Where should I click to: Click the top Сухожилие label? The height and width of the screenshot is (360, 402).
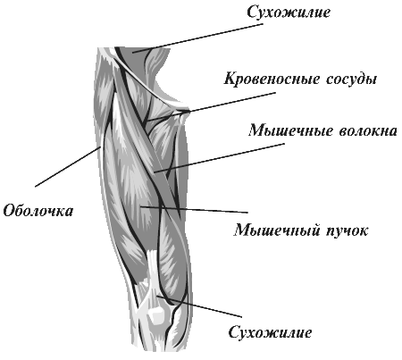(x=289, y=13)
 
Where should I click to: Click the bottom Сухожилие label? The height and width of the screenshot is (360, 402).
(x=270, y=332)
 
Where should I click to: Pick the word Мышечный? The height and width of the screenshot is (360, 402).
(x=274, y=230)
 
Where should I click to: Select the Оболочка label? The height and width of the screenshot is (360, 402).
(x=38, y=211)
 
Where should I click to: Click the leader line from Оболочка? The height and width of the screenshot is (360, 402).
(x=67, y=167)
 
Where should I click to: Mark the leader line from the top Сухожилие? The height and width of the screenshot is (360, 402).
(x=198, y=38)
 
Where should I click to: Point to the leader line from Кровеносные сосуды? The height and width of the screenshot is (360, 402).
(x=212, y=106)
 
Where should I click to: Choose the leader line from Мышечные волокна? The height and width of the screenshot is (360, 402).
(x=219, y=158)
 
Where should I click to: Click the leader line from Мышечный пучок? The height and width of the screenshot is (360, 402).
(x=194, y=209)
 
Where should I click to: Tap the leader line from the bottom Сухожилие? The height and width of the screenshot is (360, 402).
(x=199, y=306)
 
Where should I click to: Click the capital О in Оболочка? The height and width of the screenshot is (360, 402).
(x=9, y=211)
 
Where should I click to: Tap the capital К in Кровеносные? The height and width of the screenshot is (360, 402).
(x=230, y=79)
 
